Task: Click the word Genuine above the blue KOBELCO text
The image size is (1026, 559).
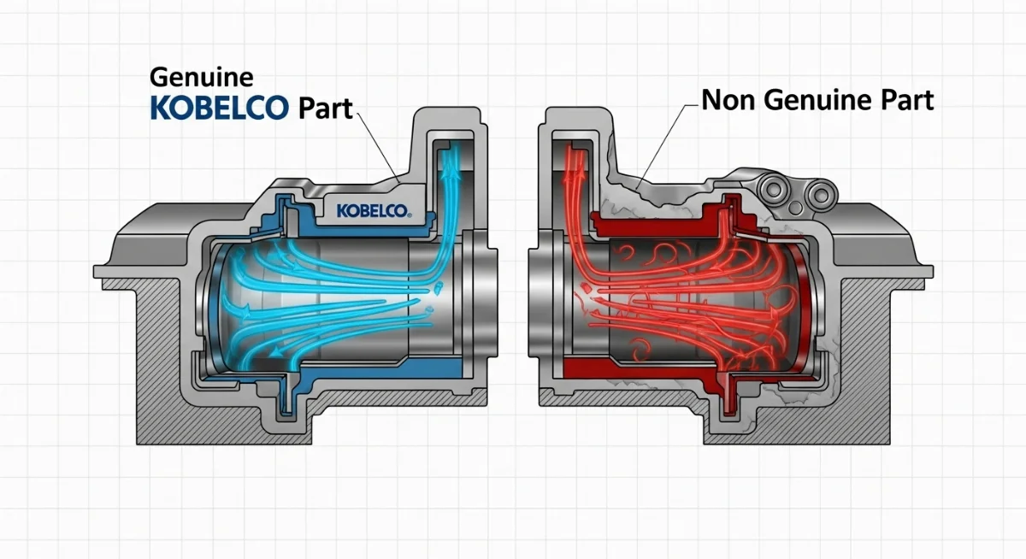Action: point(201,78)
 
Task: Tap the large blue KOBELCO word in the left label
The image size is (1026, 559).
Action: point(220,109)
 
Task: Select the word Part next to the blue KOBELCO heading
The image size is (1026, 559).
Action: point(326,110)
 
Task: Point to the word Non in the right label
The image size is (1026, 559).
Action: point(729,101)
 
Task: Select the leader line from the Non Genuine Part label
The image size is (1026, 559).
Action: point(663,137)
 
